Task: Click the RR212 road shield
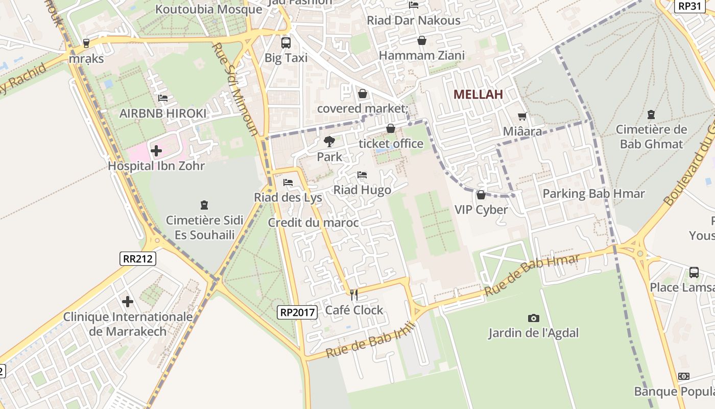click(x=138, y=259)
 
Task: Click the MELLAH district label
click(x=478, y=94)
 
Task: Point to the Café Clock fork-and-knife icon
click(x=353, y=295)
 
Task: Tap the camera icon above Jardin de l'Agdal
click(x=534, y=319)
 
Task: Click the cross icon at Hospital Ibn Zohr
click(x=156, y=151)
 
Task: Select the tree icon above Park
click(x=329, y=142)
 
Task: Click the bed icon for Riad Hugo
click(x=362, y=175)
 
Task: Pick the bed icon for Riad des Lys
click(x=288, y=183)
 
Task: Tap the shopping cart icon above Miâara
click(x=522, y=117)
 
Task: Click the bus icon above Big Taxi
click(x=285, y=43)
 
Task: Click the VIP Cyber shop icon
click(x=481, y=195)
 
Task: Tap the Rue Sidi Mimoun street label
click(x=235, y=89)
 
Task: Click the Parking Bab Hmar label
click(x=593, y=194)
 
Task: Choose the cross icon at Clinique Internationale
click(x=128, y=302)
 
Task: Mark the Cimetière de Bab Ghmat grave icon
click(x=651, y=115)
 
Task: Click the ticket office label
click(x=391, y=144)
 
